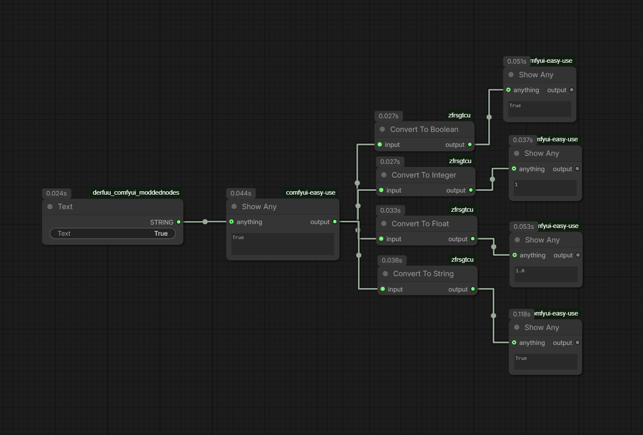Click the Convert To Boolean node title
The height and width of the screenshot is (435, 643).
(x=424, y=129)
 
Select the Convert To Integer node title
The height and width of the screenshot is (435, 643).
(x=424, y=175)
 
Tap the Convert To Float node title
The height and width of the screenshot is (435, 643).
(x=420, y=224)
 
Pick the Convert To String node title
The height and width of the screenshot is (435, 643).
(x=423, y=274)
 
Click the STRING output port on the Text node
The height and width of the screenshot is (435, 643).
(x=179, y=222)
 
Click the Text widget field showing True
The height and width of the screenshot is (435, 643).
(x=112, y=234)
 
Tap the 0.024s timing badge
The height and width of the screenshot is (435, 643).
(x=57, y=193)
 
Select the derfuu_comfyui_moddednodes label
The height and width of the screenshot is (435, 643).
(x=136, y=193)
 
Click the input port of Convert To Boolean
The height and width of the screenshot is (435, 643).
(x=380, y=145)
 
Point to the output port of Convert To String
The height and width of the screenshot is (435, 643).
(x=473, y=289)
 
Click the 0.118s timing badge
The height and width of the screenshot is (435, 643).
(x=522, y=314)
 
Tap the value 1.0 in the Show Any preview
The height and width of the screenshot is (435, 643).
(x=520, y=271)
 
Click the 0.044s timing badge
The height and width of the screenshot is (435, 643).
(x=241, y=193)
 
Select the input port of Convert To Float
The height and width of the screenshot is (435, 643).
(x=381, y=239)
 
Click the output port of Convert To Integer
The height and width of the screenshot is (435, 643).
(x=471, y=190)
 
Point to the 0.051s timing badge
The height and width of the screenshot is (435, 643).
(x=517, y=61)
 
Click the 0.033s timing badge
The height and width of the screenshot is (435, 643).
(x=390, y=210)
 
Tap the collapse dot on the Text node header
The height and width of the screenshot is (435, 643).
(x=50, y=207)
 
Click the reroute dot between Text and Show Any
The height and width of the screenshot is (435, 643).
(x=205, y=222)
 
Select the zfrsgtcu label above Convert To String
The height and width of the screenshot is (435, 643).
(x=462, y=260)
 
